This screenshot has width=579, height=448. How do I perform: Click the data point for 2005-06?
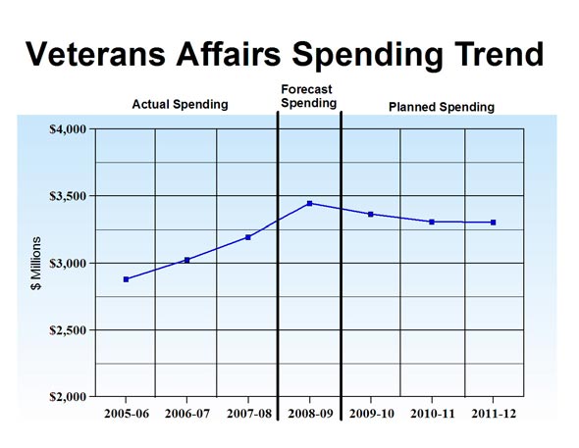pyautogui.click(x=126, y=279)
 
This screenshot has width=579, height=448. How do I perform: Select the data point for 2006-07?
pyautogui.click(x=186, y=260)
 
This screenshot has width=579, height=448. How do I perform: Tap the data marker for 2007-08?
pyautogui.click(x=248, y=237)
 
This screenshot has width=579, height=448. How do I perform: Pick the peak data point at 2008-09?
pyautogui.click(x=309, y=204)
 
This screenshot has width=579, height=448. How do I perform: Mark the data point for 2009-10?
pyautogui.click(x=370, y=214)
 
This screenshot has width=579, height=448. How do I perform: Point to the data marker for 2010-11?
pyautogui.click(x=432, y=222)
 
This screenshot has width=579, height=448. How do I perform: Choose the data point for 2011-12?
pyautogui.click(x=493, y=223)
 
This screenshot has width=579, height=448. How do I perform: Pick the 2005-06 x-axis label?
pyautogui.click(x=126, y=414)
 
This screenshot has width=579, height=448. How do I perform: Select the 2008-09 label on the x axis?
pyautogui.click(x=309, y=414)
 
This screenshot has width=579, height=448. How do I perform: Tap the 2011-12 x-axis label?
pyautogui.click(x=493, y=414)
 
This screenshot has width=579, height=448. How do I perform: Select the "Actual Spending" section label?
pyautogui.click(x=180, y=104)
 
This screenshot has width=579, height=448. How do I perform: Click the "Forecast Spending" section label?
pyautogui.click(x=308, y=96)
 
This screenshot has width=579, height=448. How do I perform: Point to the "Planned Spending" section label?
pyautogui.click(x=442, y=105)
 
